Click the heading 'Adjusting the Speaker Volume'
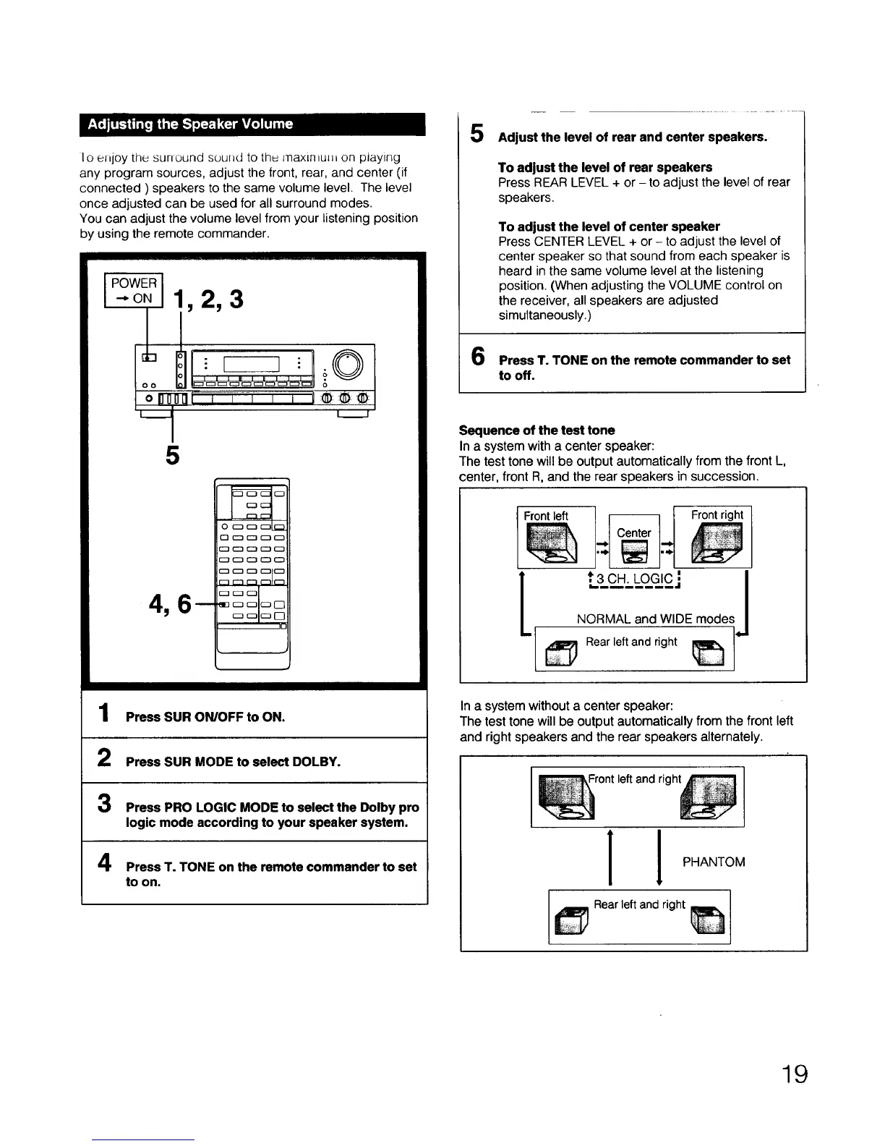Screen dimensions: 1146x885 click(191, 124)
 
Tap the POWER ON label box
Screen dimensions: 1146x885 click(134, 290)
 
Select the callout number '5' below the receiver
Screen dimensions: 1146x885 click(171, 456)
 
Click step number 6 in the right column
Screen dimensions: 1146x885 click(478, 357)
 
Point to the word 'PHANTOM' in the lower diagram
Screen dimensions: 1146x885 click(714, 862)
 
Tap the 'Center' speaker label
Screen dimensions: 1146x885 click(633, 532)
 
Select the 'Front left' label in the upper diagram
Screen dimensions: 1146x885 click(546, 516)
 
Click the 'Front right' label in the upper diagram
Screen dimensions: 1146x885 click(717, 515)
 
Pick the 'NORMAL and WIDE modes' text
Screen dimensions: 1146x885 click(655, 619)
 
